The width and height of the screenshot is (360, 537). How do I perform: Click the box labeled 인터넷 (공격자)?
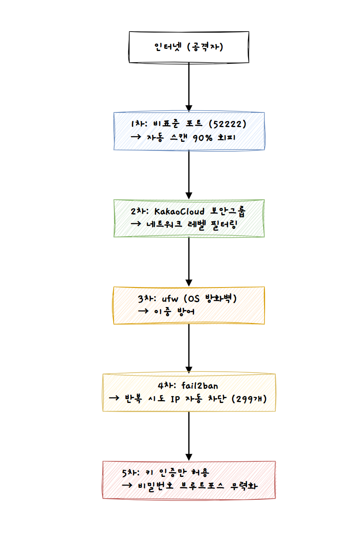tap(188, 47)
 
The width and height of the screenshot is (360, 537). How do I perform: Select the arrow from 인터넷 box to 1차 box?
tap(188, 86)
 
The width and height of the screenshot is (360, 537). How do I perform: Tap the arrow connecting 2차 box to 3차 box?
tap(188, 262)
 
